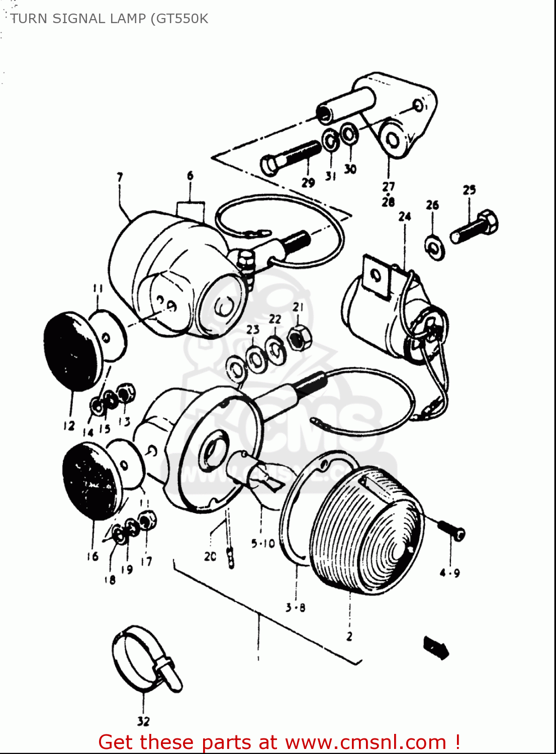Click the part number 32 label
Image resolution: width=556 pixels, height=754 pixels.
[143, 721]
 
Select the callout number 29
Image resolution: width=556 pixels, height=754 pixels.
[308, 182]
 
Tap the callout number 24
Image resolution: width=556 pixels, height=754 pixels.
[405, 217]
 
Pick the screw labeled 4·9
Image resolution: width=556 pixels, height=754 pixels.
[453, 530]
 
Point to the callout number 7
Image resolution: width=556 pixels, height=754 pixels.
[120, 177]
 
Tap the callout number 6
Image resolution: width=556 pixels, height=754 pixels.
[190, 175]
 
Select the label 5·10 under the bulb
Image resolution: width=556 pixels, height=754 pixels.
[263, 543]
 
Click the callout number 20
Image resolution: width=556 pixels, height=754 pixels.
[210, 556]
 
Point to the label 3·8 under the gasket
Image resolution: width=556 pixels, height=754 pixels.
[295, 608]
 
